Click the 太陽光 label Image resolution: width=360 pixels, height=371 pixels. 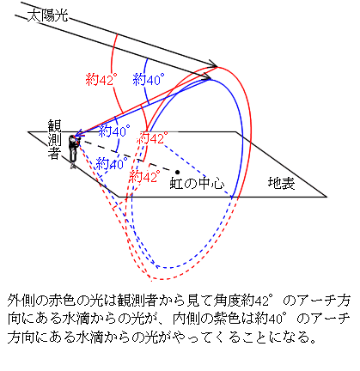[x=48, y=15]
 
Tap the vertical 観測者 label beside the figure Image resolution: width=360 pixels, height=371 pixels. [x=54, y=140]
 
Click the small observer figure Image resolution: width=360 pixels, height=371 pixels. [x=74, y=152]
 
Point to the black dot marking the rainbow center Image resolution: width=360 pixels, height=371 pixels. [x=178, y=172]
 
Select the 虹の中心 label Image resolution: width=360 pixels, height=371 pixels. [x=197, y=183]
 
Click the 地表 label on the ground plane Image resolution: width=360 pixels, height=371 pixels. [x=281, y=183]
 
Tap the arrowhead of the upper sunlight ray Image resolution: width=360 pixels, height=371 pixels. [x=214, y=64]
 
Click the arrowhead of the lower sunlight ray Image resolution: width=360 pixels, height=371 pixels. [x=207, y=76]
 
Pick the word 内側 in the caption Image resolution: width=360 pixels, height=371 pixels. [x=186, y=319]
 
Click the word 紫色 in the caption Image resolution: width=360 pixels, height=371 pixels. [x=228, y=319]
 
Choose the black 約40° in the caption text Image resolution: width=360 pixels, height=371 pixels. [x=271, y=319]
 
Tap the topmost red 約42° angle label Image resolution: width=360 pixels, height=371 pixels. [x=101, y=79]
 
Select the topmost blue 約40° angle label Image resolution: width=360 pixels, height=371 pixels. [x=149, y=79]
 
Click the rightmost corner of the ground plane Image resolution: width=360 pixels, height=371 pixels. [x=326, y=197]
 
